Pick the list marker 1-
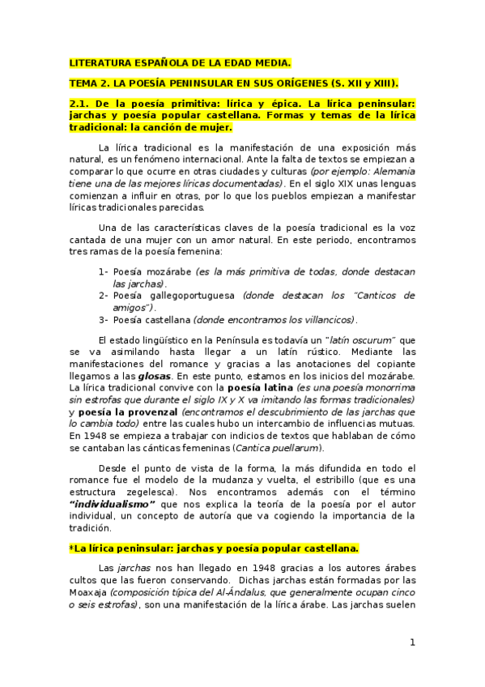tap(103, 272)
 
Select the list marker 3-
tap(103, 319)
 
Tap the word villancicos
tap(327, 319)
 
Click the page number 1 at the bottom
tap(412, 642)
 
